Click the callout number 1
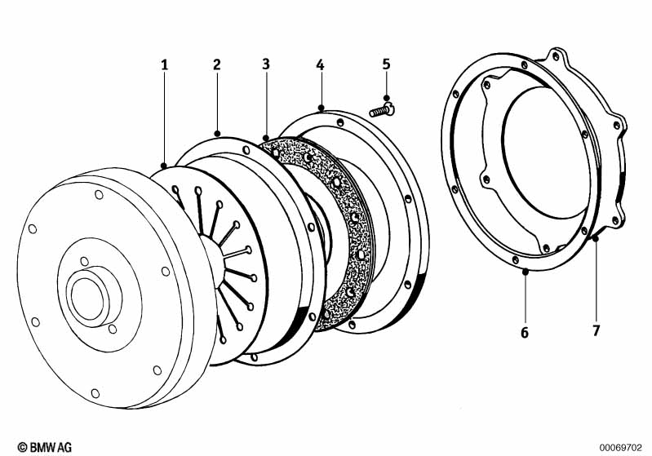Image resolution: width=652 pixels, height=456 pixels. click(x=164, y=64)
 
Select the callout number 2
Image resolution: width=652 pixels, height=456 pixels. click(x=217, y=64)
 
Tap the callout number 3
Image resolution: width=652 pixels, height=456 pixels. click(x=267, y=64)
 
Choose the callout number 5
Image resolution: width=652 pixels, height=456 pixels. click(x=386, y=64)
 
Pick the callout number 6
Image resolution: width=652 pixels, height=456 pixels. click(x=525, y=331)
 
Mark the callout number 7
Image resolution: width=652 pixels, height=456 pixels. click(x=597, y=330)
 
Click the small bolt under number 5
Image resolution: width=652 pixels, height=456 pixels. click(x=381, y=108)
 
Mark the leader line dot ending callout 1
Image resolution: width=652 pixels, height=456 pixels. click(x=164, y=165)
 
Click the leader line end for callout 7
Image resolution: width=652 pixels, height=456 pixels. click(x=596, y=238)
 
